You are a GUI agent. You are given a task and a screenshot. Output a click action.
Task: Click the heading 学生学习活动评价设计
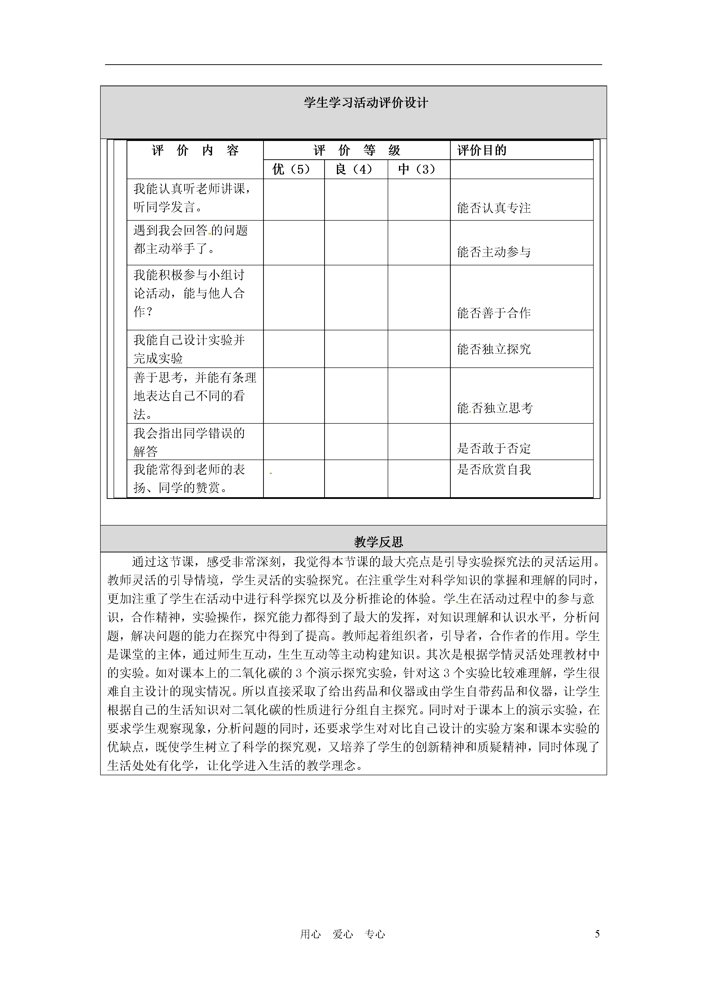click(x=366, y=103)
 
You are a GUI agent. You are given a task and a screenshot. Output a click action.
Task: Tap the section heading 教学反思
click(x=378, y=542)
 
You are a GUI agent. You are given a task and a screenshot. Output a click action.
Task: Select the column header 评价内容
click(x=195, y=151)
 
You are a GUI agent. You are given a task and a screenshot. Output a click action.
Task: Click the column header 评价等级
click(x=356, y=151)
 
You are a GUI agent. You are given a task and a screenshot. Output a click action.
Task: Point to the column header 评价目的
click(x=482, y=151)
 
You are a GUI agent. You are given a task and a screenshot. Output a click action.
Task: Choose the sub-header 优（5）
click(x=292, y=169)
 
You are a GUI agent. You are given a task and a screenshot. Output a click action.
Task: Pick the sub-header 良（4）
click(x=354, y=169)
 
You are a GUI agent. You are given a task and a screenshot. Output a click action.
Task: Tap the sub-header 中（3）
click(x=417, y=169)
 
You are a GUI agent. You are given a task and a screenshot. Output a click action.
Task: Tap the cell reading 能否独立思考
click(x=495, y=408)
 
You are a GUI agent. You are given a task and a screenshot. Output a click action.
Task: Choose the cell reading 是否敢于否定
click(x=494, y=448)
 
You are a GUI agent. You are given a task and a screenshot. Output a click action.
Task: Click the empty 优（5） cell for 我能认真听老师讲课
click(x=294, y=199)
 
